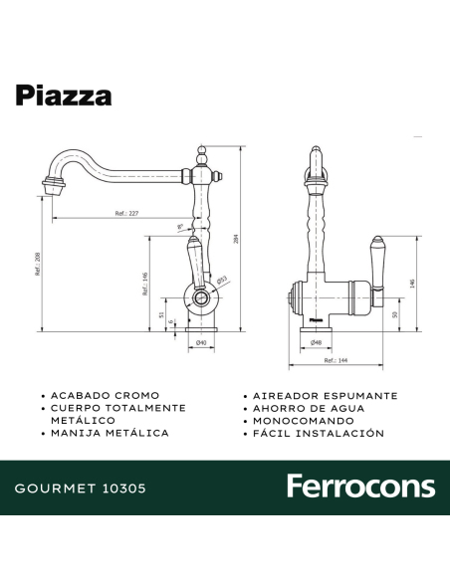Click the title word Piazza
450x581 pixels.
pyautogui.click(x=63, y=95)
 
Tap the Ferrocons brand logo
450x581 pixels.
pyautogui.click(x=360, y=486)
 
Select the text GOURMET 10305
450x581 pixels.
pyautogui.click(x=81, y=488)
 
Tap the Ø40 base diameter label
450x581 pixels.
pyautogui.click(x=200, y=343)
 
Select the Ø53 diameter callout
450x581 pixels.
pyautogui.click(x=224, y=281)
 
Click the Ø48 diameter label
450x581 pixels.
pyautogui.click(x=316, y=342)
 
